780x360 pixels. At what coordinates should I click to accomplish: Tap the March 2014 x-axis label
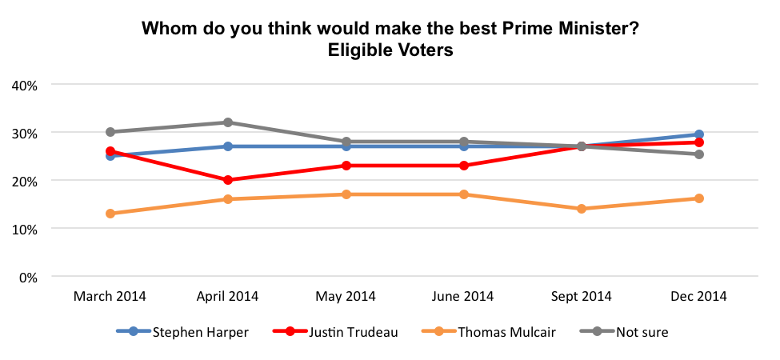click(x=110, y=296)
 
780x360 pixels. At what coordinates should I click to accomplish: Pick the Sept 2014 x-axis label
click(x=581, y=296)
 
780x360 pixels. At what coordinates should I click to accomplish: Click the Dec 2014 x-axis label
click(x=699, y=296)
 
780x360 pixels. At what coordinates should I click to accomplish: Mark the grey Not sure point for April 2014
click(x=228, y=122)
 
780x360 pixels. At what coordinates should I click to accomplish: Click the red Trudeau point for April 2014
click(x=228, y=180)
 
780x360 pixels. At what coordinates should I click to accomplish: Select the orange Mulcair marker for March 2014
click(x=110, y=214)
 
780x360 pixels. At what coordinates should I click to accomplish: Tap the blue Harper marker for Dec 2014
click(x=699, y=134)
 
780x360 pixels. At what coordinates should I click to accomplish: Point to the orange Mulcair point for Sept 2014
click(x=582, y=209)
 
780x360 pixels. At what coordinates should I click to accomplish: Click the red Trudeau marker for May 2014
click(x=346, y=166)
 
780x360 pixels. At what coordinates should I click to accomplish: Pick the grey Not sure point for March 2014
click(x=110, y=132)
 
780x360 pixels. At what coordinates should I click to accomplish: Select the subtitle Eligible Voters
click(x=390, y=50)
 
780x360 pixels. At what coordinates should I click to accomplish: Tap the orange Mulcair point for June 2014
click(x=464, y=194)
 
